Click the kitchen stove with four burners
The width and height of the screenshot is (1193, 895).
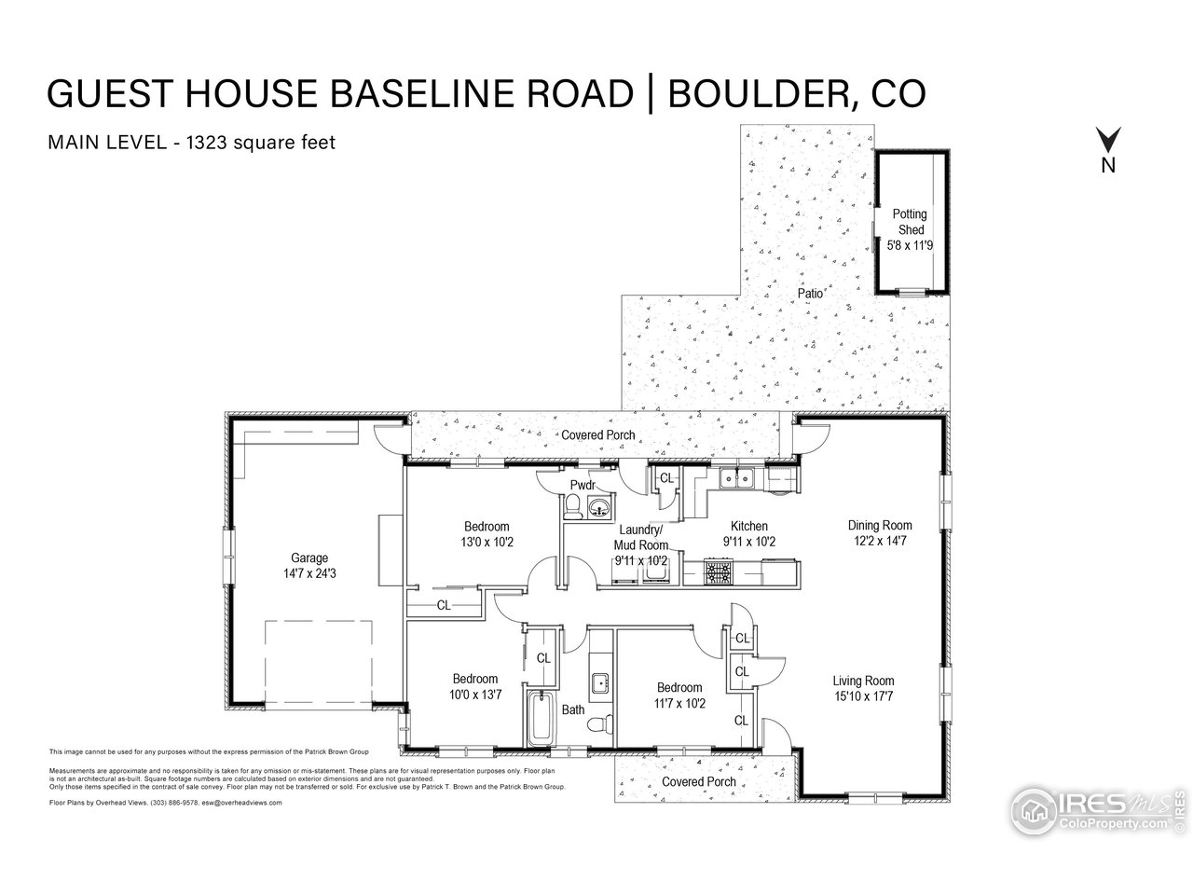[719, 571]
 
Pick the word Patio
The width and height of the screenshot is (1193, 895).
[810, 294]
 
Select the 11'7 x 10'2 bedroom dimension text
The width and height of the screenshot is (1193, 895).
[677, 703]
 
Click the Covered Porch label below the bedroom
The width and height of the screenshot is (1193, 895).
[698, 781]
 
